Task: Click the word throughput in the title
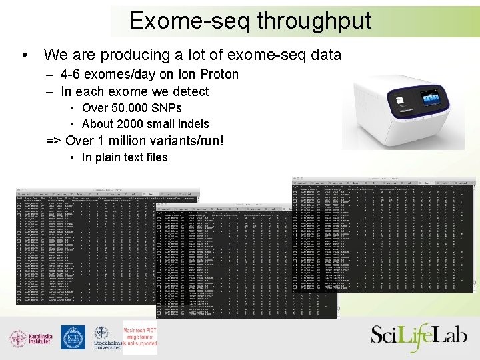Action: (314, 21)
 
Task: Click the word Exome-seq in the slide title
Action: (189, 21)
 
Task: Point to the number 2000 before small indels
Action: (130, 124)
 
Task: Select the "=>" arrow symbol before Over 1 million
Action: (53, 141)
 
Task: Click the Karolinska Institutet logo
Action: (29, 338)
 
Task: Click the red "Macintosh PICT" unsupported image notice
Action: (140, 337)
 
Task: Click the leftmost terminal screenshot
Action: (87, 247)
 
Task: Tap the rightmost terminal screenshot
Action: (384, 233)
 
